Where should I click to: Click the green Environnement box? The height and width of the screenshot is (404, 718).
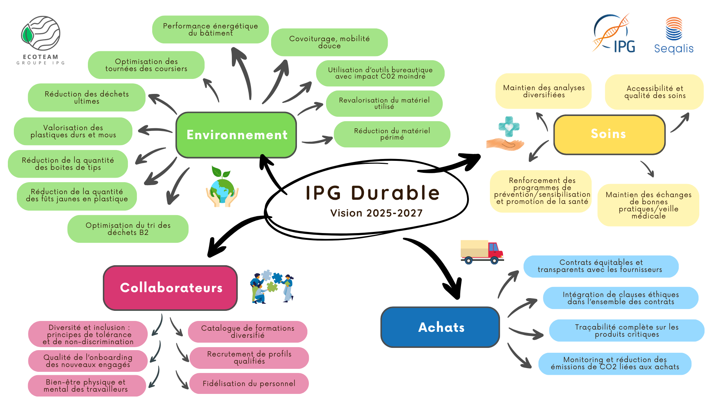click(236, 135)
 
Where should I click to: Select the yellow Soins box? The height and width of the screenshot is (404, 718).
click(609, 134)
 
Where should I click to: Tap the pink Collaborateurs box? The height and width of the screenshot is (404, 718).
click(171, 288)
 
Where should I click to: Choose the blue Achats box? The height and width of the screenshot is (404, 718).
click(440, 327)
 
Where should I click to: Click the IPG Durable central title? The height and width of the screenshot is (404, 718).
click(372, 193)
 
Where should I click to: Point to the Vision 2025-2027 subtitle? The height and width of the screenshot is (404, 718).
click(376, 213)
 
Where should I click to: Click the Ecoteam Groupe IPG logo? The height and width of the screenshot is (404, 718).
click(41, 40)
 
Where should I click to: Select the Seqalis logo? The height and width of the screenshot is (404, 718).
click(673, 36)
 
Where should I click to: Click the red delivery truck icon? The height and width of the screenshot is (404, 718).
click(482, 252)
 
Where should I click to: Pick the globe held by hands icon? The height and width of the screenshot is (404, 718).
click(222, 187)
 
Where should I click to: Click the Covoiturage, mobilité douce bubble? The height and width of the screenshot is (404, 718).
click(329, 42)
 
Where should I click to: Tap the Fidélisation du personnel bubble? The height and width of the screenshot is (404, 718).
click(249, 383)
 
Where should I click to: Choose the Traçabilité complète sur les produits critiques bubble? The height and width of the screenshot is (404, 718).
click(627, 330)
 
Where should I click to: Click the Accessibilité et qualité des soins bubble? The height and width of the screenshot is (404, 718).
click(654, 92)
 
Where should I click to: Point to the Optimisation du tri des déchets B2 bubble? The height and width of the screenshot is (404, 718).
click(128, 229)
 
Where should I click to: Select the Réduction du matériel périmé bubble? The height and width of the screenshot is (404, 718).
click(392, 134)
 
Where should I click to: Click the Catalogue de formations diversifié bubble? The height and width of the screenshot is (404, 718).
click(248, 331)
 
